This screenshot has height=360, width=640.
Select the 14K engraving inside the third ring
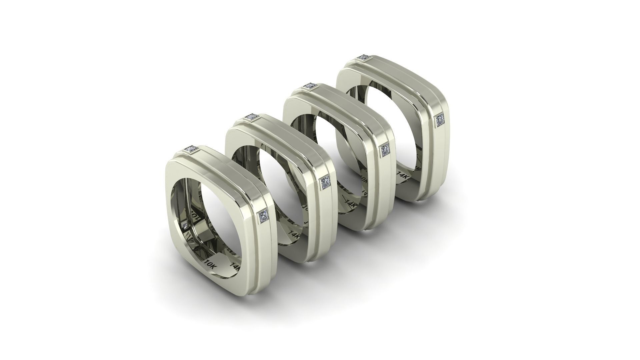tap(351, 203)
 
